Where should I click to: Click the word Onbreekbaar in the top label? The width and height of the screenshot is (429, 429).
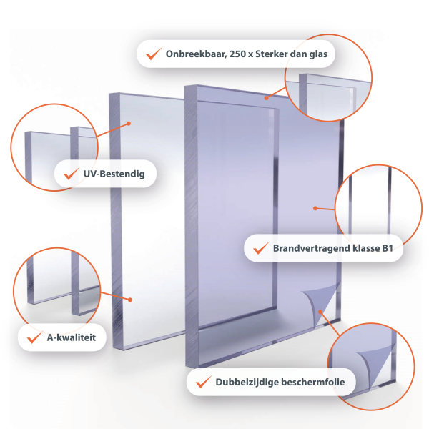196,54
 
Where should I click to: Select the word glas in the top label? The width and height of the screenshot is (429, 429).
318,54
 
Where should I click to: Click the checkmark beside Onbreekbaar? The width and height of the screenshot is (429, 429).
154,54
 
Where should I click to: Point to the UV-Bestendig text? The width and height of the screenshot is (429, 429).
114,174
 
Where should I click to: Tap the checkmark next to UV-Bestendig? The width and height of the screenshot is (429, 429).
71,173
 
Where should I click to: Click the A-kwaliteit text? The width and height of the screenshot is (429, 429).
71,337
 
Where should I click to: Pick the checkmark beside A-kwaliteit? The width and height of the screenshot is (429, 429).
35,337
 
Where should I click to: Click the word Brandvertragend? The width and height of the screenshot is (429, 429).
311,248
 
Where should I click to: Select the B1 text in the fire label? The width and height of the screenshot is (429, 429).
388,248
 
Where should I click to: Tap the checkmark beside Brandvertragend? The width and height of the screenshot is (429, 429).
261,247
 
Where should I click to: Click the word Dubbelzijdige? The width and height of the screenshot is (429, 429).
246,382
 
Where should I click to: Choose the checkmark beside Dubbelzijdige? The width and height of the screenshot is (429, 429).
203,381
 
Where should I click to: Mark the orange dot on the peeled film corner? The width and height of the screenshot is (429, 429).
320,312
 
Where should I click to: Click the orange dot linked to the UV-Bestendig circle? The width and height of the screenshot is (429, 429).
129,124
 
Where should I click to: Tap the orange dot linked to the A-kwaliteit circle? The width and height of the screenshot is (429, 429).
130,300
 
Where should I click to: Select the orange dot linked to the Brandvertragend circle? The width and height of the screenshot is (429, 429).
315,209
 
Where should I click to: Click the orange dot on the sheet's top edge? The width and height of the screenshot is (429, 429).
266,98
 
